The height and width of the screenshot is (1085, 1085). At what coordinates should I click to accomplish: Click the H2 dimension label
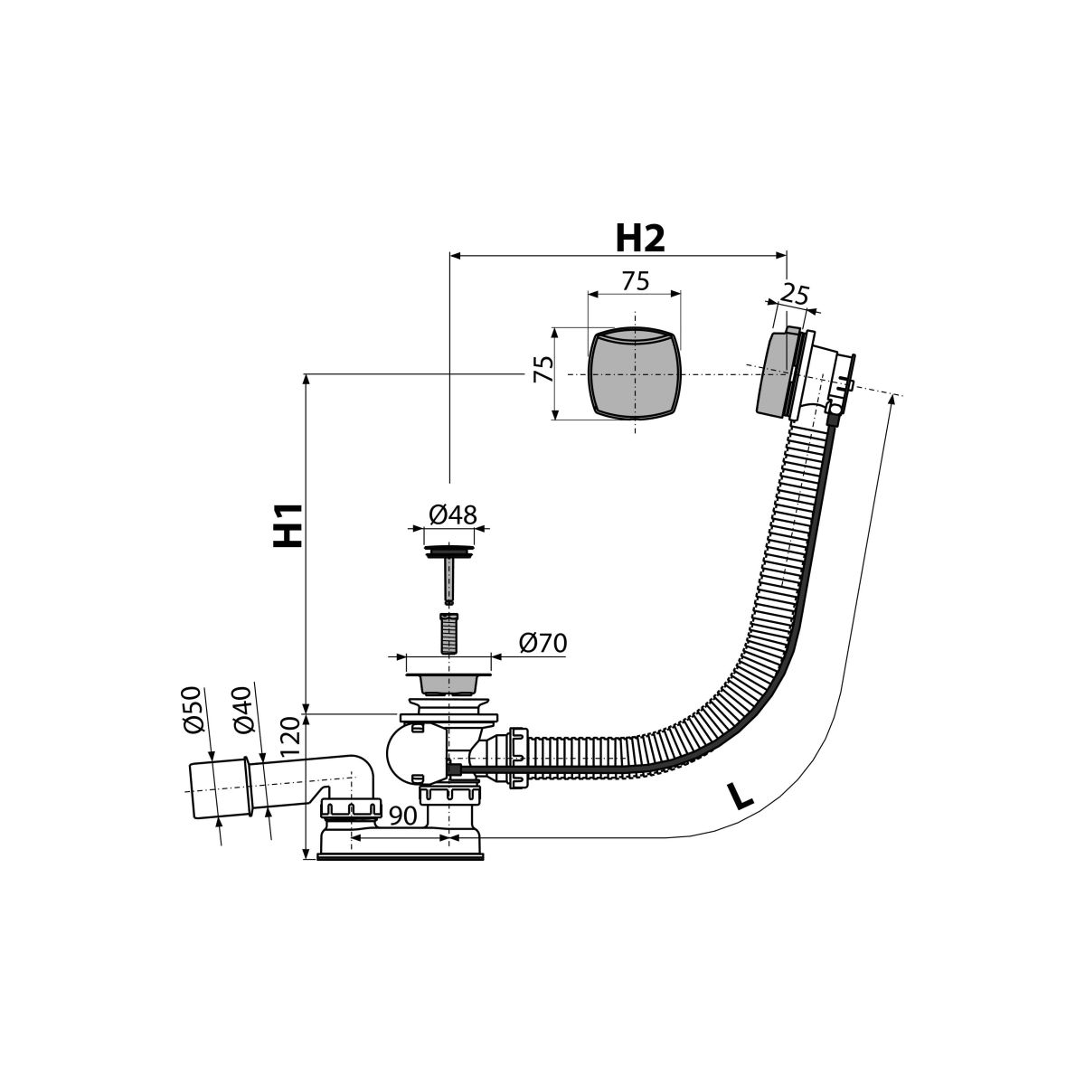click(x=639, y=239)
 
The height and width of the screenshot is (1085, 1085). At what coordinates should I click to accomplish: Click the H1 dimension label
click(x=288, y=525)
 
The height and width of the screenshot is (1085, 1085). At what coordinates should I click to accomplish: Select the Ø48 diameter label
click(x=453, y=514)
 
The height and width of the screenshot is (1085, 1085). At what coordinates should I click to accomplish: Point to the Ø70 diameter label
click(x=542, y=643)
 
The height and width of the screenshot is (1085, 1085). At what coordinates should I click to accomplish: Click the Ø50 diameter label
click(x=192, y=710)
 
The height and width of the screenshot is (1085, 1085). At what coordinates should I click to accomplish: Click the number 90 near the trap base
click(x=402, y=816)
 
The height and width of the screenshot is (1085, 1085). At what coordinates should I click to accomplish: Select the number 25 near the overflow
click(x=795, y=295)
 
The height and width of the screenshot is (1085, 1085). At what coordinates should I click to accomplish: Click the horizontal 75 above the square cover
click(x=636, y=280)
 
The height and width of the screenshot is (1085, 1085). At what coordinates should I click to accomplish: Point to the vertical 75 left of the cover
click(x=544, y=370)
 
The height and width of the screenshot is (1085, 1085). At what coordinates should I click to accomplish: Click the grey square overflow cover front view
click(x=634, y=373)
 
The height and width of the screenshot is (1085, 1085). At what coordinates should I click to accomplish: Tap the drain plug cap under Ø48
click(x=448, y=551)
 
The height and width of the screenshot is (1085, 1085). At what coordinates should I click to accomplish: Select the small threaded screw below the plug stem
click(x=448, y=633)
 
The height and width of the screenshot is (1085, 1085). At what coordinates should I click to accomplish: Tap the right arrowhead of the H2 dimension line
click(x=781, y=256)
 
